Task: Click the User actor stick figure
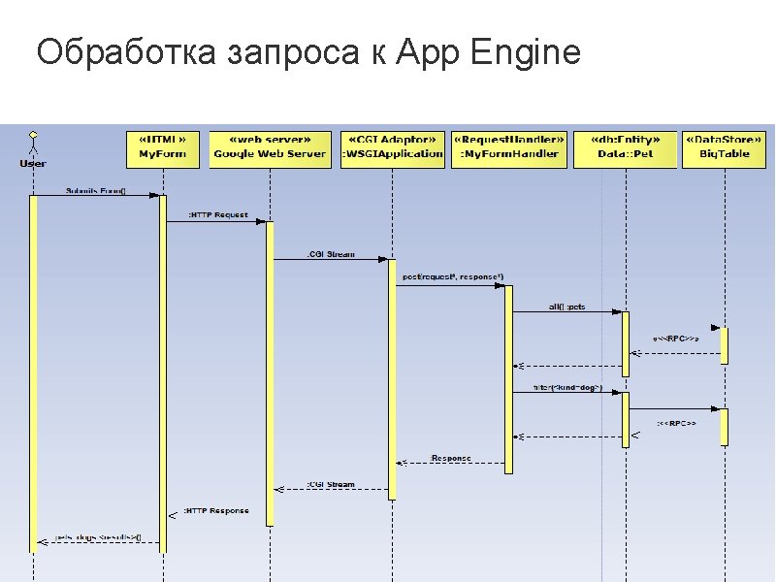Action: coord(33,142)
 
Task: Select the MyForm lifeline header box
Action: coord(163,148)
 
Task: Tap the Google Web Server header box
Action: coord(270,148)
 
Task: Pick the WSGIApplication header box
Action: coord(392,148)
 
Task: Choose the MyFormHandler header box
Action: coord(508,148)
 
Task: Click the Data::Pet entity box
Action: coord(624,148)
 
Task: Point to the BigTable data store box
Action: coord(724,148)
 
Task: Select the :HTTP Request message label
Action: coord(217,214)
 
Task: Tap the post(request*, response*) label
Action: coord(452,277)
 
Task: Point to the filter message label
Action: coord(567,388)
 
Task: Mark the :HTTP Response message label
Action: coord(216,510)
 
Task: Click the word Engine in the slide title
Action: coord(524,53)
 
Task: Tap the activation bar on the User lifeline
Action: coord(33,373)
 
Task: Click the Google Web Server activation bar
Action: coord(271,373)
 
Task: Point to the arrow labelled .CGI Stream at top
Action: coord(330,259)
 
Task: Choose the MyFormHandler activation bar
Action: coord(508,378)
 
